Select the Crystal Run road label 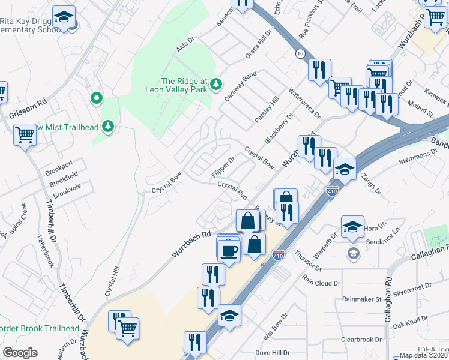click(232, 191)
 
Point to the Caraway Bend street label click(240, 86)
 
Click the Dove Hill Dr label click(273, 353)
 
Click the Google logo click(20, 353)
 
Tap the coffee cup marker click(228, 249)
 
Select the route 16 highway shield click(299, 53)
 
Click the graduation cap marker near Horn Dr click(352, 226)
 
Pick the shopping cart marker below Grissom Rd click(25, 134)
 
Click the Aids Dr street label click(187, 46)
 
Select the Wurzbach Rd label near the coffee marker click(191, 245)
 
